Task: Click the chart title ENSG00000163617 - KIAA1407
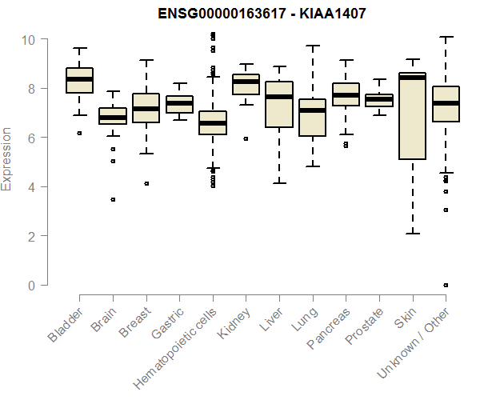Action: tap(239, 14)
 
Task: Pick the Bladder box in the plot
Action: tap(79, 80)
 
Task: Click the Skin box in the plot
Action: tap(412, 116)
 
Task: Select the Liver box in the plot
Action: tap(279, 104)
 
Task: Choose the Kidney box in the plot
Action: tap(246, 84)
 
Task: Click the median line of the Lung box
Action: tap(312, 110)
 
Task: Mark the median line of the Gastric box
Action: tap(179, 103)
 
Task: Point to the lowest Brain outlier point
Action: tap(113, 199)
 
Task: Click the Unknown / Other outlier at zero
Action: tap(446, 285)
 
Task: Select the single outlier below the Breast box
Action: tap(146, 183)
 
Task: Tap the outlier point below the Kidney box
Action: tap(246, 138)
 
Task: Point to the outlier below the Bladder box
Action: tap(79, 133)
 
